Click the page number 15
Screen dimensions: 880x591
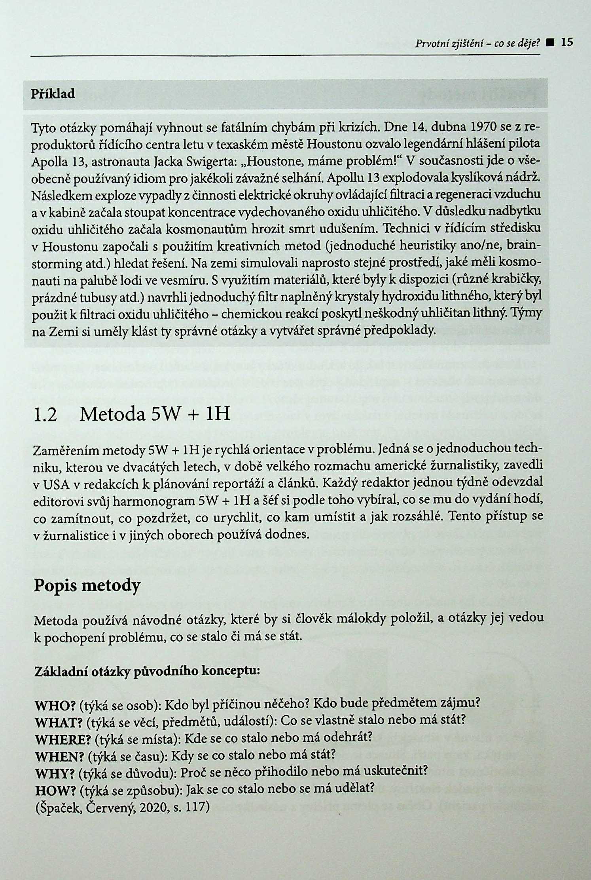tap(567, 42)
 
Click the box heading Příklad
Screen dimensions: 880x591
tap(53, 94)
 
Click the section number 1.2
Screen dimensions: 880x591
tap(45, 415)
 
